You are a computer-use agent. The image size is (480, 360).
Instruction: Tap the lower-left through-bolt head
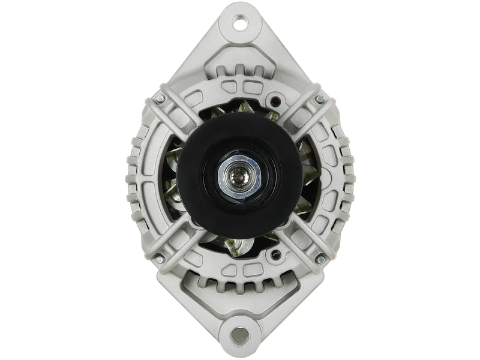point(159,259)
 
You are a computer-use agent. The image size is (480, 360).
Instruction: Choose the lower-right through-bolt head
point(320,259)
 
